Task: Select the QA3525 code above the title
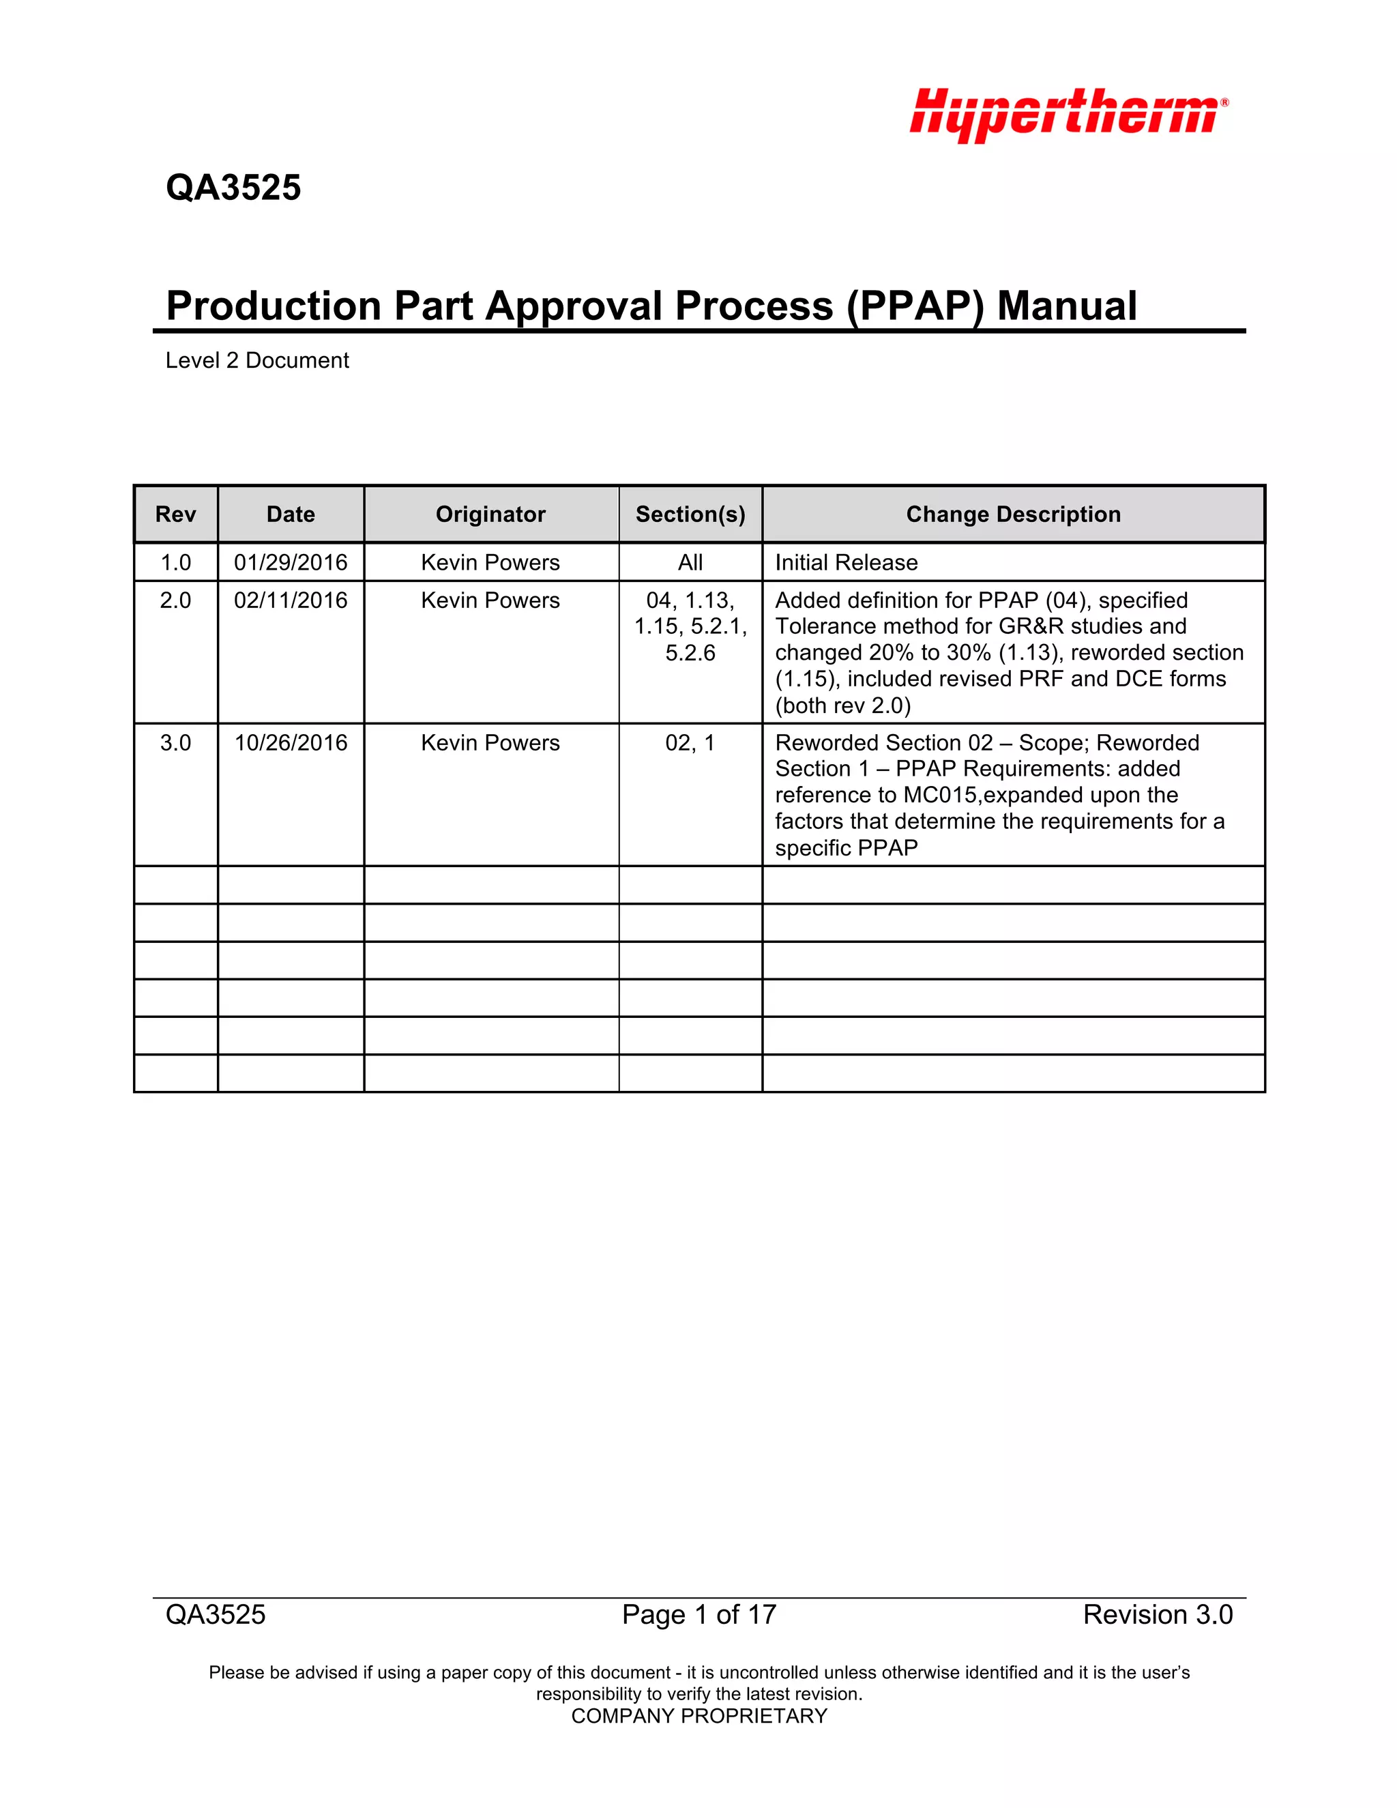point(233,188)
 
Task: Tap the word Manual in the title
point(1067,306)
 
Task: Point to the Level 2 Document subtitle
point(257,361)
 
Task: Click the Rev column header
point(175,515)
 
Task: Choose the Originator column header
point(490,515)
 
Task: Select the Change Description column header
point(1013,515)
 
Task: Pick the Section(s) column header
point(690,515)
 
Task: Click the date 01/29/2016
point(291,563)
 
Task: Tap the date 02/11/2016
point(291,600)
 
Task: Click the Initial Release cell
point(846,563)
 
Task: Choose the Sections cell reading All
point(690,563)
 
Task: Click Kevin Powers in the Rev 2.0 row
point(490,600)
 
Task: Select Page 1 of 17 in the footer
point(699,1614)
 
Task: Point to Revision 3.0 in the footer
point(1157,1614)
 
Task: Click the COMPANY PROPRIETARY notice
point(699,1716)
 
